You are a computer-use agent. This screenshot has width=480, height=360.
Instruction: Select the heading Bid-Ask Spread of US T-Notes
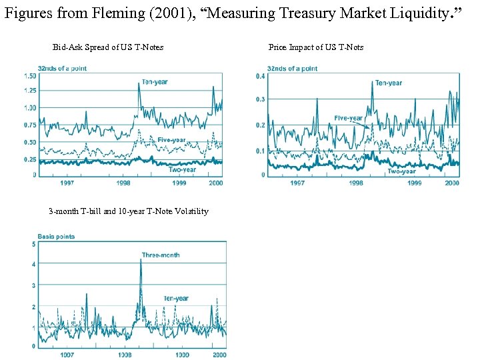[x=108, y=47]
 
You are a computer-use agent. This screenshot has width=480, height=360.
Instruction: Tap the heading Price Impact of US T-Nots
[x=315, y=47]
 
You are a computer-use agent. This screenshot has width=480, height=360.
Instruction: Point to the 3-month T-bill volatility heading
[x=128, y=211]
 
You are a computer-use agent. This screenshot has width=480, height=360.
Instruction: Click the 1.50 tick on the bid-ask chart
[x=29, y=76]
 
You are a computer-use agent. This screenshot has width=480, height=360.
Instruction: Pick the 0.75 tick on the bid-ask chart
[x=29, y=125]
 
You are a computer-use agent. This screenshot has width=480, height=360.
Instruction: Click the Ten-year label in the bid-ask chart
[x=155, y=82]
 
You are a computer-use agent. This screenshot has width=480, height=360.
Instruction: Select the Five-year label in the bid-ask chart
[x=171, y=139]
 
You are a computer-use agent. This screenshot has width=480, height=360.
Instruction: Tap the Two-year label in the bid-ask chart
[x=182, y=169]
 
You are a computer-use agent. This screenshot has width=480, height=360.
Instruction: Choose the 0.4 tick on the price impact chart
[x=261, y=76]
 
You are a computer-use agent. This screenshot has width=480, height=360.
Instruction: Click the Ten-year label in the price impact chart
[x=388, y=83]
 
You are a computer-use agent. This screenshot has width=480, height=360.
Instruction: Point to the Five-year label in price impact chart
[x=348, y=118]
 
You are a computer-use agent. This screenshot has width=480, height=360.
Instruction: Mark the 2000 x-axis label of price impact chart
[x=451, y=182]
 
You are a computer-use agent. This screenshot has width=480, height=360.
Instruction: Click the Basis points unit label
[x=56, y=237]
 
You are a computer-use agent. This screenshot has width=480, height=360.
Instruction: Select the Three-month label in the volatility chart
[x=160, y=255]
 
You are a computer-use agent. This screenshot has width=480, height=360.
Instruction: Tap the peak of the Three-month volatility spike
[x=141, y=259]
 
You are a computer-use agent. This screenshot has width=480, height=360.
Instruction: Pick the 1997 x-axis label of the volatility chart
[x=66, y=355]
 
